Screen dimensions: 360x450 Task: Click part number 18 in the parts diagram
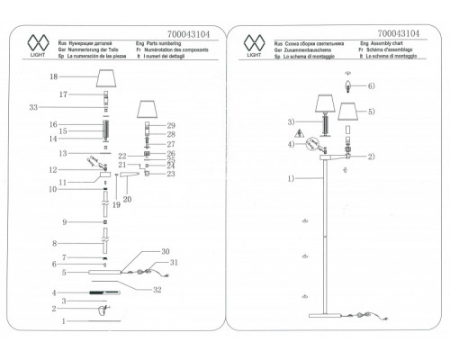coord(52,77)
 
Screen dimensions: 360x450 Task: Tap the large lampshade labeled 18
coord(109,80)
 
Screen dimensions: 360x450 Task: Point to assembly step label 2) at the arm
coord(369,156)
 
